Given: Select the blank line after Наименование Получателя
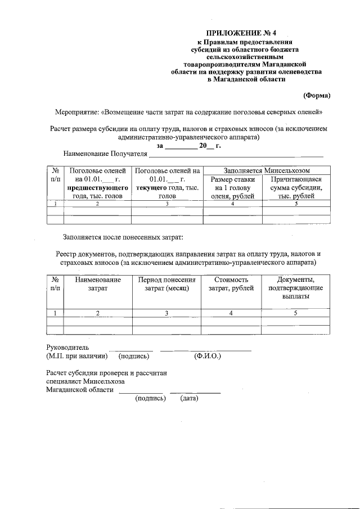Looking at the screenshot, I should click(236, 154).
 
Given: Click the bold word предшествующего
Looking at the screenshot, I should click(98, 188).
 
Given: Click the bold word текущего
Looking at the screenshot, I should click(155, 188).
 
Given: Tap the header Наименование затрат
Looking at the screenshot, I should click(97, 284).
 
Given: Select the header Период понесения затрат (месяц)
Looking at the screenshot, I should click(166, 284).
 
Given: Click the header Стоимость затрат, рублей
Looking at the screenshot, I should click(231, 284).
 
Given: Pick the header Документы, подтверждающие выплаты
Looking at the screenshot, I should click(296, 288).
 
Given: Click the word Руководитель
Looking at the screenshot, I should click(67, 347).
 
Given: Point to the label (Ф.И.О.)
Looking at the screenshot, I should click(207, 356).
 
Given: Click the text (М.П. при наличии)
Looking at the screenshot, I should click(77, 356).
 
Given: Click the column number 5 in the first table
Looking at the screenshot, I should click(296, 204).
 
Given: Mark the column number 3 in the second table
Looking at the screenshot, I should click(166, 313).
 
